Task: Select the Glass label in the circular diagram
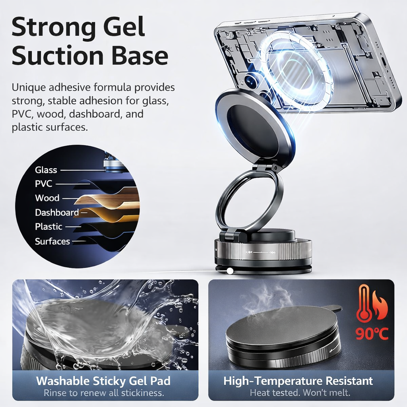click(x=46, y=170)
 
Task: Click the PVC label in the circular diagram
click(x=44, y=184)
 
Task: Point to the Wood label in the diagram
click(x=47, y=198)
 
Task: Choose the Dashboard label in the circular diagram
click(x=57, y=213)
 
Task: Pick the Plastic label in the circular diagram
click(x=48, y=227)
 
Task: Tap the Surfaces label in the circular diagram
click(x=52, y=241)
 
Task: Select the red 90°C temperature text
click(x=372, y=333)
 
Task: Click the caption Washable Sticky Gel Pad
click(x=103, y=381)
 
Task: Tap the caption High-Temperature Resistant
click(x=298, y=381)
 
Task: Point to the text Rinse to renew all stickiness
click(x=103, y=393)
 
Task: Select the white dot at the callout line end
click(x=229, y=271)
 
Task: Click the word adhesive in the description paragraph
click(x=74, y=87)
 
